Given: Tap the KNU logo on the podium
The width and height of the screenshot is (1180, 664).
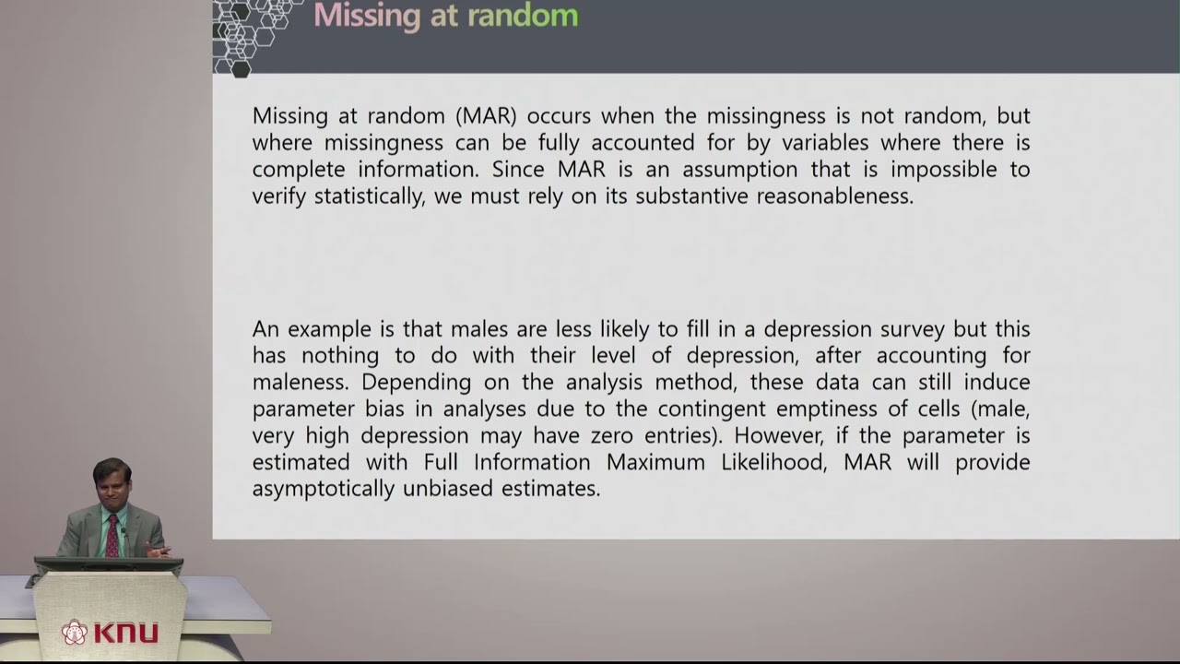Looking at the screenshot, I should click(110, 633).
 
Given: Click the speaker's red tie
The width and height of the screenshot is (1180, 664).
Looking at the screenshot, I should click(112, 536).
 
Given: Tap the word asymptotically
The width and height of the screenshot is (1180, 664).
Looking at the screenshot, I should click(324, 489).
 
